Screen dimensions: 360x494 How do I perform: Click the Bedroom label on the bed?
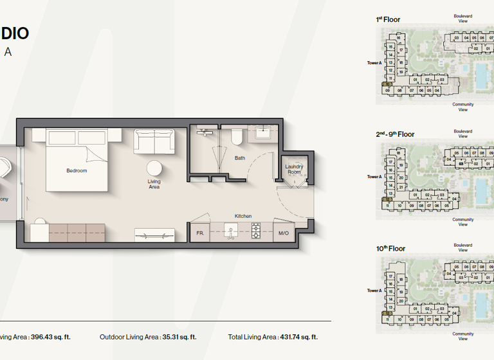pyautogui.click(x=77, y=170)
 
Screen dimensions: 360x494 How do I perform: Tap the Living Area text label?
pyautogui.click(x=154, y=184)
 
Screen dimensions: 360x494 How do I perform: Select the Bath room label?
pyautogui.click(x=239, y=157)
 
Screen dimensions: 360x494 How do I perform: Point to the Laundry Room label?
pyautogui.click(x=294, y=169)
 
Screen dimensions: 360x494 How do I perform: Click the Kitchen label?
pyautogui.click(x=243, y=216)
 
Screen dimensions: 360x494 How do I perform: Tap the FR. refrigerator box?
pyautogui.click(x=200, y=233)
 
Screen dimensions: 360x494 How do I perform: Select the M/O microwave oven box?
pyautogui.click(x=284, y=233)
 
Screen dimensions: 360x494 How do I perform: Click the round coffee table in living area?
pyautogui.click(x=154, y=168)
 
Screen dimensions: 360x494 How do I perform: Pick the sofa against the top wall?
pyautogui.click(x=154, y=141)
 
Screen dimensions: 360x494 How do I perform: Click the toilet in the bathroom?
pyautogui.click(x=236, y=136)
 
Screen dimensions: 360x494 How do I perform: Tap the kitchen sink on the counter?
pyautogui.click(x=230, y=231)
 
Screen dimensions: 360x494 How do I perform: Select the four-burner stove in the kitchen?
pyautogui.click(x=255, y=231)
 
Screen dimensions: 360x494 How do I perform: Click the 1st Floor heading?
pyautogui.click(x=388, y=20)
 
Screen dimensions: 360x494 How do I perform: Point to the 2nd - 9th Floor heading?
pyautogui.click(x=395, y=134)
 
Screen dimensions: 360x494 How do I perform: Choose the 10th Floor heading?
pyautogui.click(x=390, y=248)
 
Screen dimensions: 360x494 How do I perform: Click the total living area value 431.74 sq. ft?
pyautogui.click(x=298, y=337)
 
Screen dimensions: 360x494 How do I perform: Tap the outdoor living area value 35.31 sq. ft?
pyautogui.click(x=179, y=337)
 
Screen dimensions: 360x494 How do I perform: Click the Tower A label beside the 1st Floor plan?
pyautogui.click(x=374, y=63)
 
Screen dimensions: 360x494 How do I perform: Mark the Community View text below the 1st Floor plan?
pyautogui.click(x=462, y=107)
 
